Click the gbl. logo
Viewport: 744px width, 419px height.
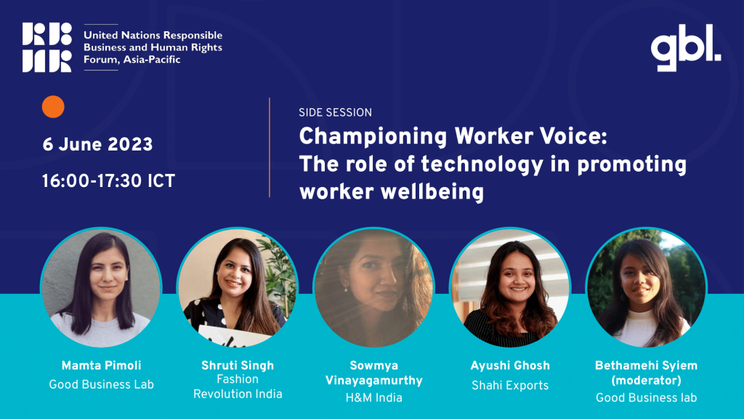point(686,47)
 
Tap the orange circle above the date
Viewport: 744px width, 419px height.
point(53,106)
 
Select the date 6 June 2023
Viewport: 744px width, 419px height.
point(98,145)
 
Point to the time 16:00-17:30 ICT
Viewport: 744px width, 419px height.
point(109,181)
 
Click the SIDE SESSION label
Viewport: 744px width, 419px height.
point(336,113)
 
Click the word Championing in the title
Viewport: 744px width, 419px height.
point(373,137)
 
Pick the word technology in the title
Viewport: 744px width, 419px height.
point(482,165)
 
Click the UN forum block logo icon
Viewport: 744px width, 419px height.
point(47,47)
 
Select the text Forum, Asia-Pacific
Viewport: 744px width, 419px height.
point(132,60)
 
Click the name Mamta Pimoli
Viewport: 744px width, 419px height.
point(102,365)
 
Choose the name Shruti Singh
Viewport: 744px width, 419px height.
point(238,365)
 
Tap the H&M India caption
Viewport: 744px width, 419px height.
point(374,398)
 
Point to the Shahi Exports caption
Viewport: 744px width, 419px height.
point(510,386)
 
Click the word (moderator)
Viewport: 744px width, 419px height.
point(646,380)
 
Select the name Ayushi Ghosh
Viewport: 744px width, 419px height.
point(510,365)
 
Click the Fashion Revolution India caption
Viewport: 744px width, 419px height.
point(238,386)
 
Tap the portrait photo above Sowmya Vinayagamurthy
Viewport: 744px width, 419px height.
point(374,287)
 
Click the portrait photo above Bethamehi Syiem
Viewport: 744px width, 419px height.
point(646,287)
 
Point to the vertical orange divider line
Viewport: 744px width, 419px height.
point(270,147)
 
